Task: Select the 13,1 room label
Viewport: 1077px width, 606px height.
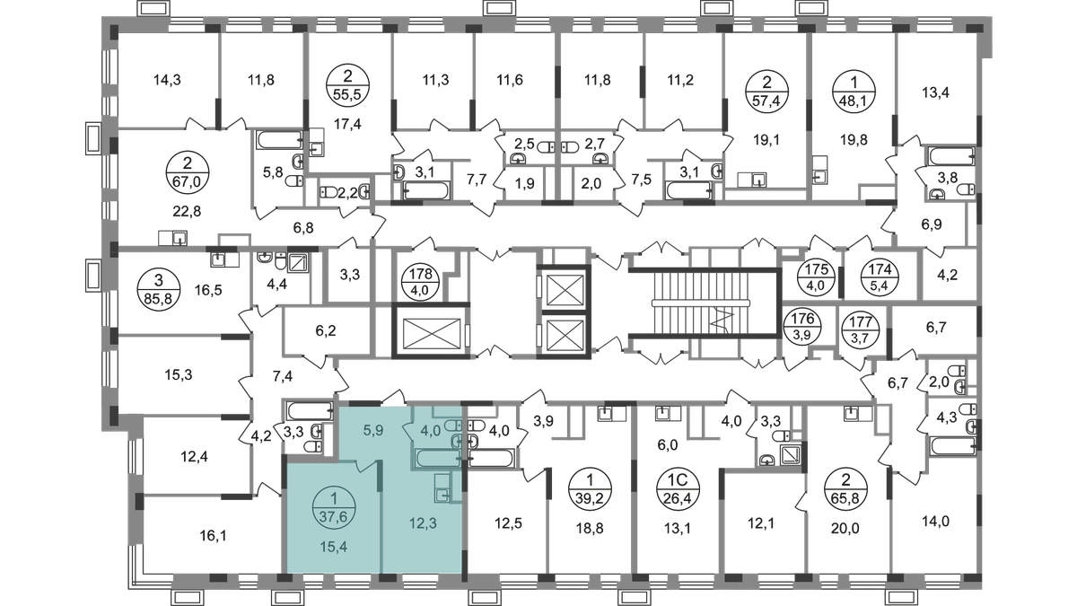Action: click(x=671, y=528)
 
